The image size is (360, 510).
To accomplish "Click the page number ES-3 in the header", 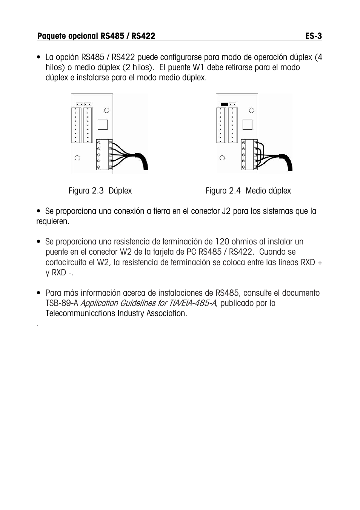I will (313, 36).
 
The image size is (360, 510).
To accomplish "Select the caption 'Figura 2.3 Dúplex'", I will (100, 191).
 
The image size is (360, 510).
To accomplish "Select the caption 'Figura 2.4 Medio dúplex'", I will (248, 191).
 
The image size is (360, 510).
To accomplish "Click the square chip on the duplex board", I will (102, 124).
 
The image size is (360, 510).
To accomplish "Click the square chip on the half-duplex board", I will (247, 124).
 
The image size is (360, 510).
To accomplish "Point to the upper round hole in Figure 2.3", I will (107, 110).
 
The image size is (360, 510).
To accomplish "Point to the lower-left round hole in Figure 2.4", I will (223, 158).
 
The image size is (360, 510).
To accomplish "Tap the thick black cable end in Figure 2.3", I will (143, 162).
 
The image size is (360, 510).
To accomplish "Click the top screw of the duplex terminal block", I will (99, 143).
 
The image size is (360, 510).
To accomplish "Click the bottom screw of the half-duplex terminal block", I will (243, 167).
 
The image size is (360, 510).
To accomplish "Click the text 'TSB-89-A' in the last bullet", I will (62, 303).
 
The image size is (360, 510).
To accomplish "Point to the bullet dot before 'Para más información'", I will (39, 293).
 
